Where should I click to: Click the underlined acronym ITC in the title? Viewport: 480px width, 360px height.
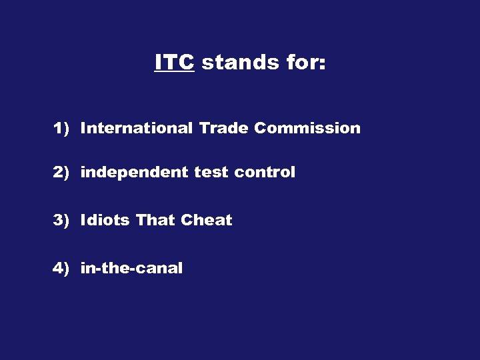point(174,63)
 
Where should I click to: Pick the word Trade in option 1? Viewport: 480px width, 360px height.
point(223,128)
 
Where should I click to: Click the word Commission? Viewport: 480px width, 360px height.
point(307,128)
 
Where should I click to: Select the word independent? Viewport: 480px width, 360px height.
point(134,173)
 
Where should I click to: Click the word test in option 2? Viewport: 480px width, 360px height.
point(211,173)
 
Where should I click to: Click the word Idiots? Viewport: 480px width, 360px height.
point(105,220)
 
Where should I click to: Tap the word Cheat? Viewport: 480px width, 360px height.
point(207,220)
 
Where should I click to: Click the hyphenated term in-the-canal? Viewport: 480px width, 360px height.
point(131,268)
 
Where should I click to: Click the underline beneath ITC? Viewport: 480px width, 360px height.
point(174,72)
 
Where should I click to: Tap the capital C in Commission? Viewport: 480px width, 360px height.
point(260,128)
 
